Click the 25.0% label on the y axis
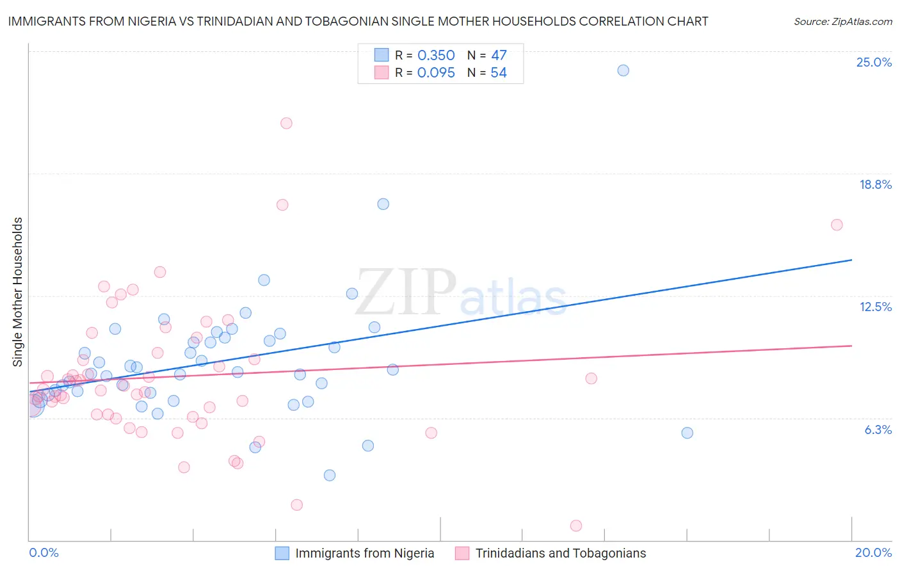click(874, 62)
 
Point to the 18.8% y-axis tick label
click(875, 184)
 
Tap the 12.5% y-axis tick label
click(875, 307)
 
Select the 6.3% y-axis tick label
click(878, 430)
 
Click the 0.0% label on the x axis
click(44, 552)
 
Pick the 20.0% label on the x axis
click(873, 552)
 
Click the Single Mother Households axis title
click(18, 292)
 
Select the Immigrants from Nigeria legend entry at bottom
click(364, 553)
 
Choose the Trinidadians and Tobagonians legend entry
click(560, 553)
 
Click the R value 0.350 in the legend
click(436, 56)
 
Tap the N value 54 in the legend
click(499, 73)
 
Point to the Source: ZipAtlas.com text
click(842, 22)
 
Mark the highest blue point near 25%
click(623, 70)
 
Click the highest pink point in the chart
click(286, 124)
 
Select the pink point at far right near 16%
click(837, 225)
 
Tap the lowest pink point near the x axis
click(576, 526)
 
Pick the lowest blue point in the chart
click(330, 475)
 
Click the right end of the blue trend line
click(851, 260)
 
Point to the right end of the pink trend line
click(851, 346)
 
